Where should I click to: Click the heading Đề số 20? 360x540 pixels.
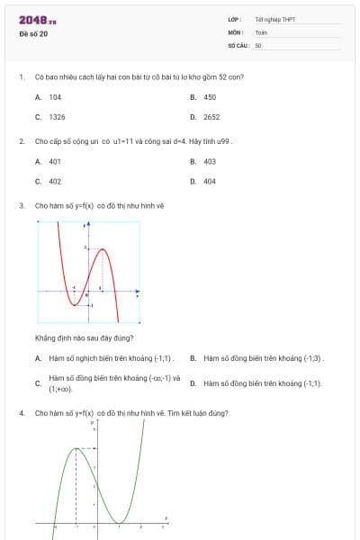coord(34,33)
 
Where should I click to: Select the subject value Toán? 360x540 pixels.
coord(261,31)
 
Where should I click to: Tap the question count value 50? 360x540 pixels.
coord(258,44)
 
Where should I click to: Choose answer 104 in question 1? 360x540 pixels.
coord(55,96)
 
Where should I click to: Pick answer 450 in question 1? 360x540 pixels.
coord(210,96)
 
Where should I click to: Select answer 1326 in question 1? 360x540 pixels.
coord(57,117)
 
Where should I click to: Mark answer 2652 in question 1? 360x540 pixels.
coord(211,117)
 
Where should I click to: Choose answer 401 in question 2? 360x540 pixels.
coord(55,161)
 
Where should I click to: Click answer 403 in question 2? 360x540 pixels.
coord(210,161)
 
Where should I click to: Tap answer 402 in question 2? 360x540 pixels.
coord(55,181)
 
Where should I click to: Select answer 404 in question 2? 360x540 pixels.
coord(210,181)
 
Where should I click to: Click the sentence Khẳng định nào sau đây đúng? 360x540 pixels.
coord(85,337)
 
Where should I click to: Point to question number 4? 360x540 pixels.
coord(21,413)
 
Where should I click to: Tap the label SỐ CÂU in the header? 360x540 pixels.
coord(238,44)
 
